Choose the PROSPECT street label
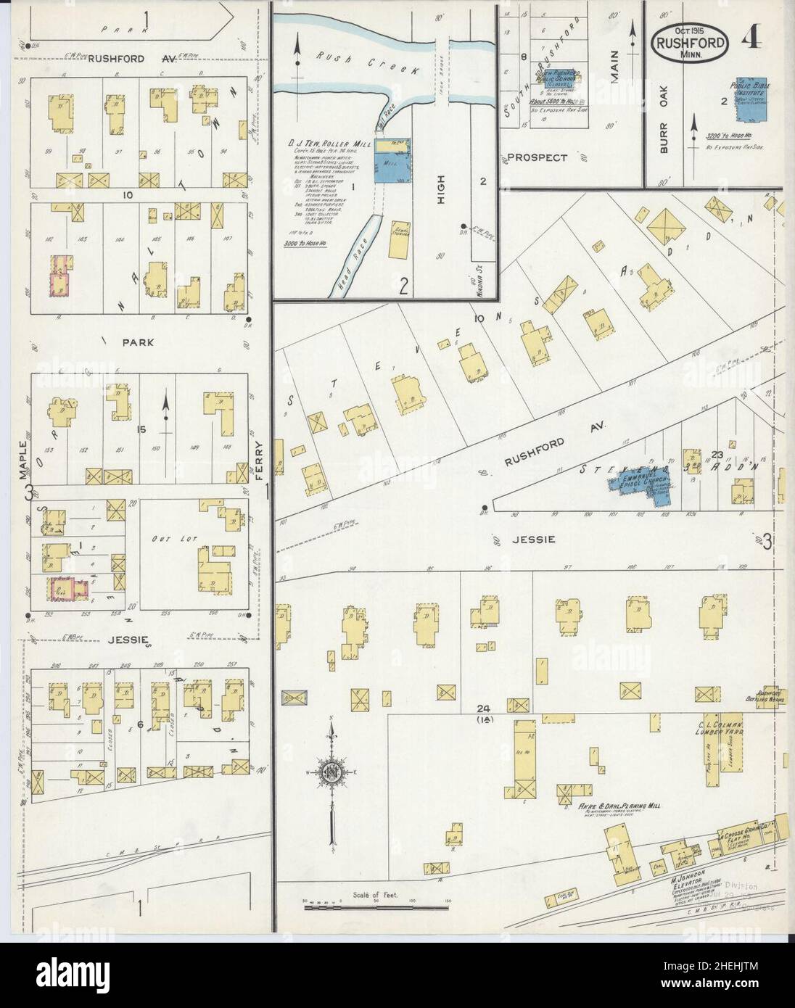pos(537,157)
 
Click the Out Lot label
pos(165,539)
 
